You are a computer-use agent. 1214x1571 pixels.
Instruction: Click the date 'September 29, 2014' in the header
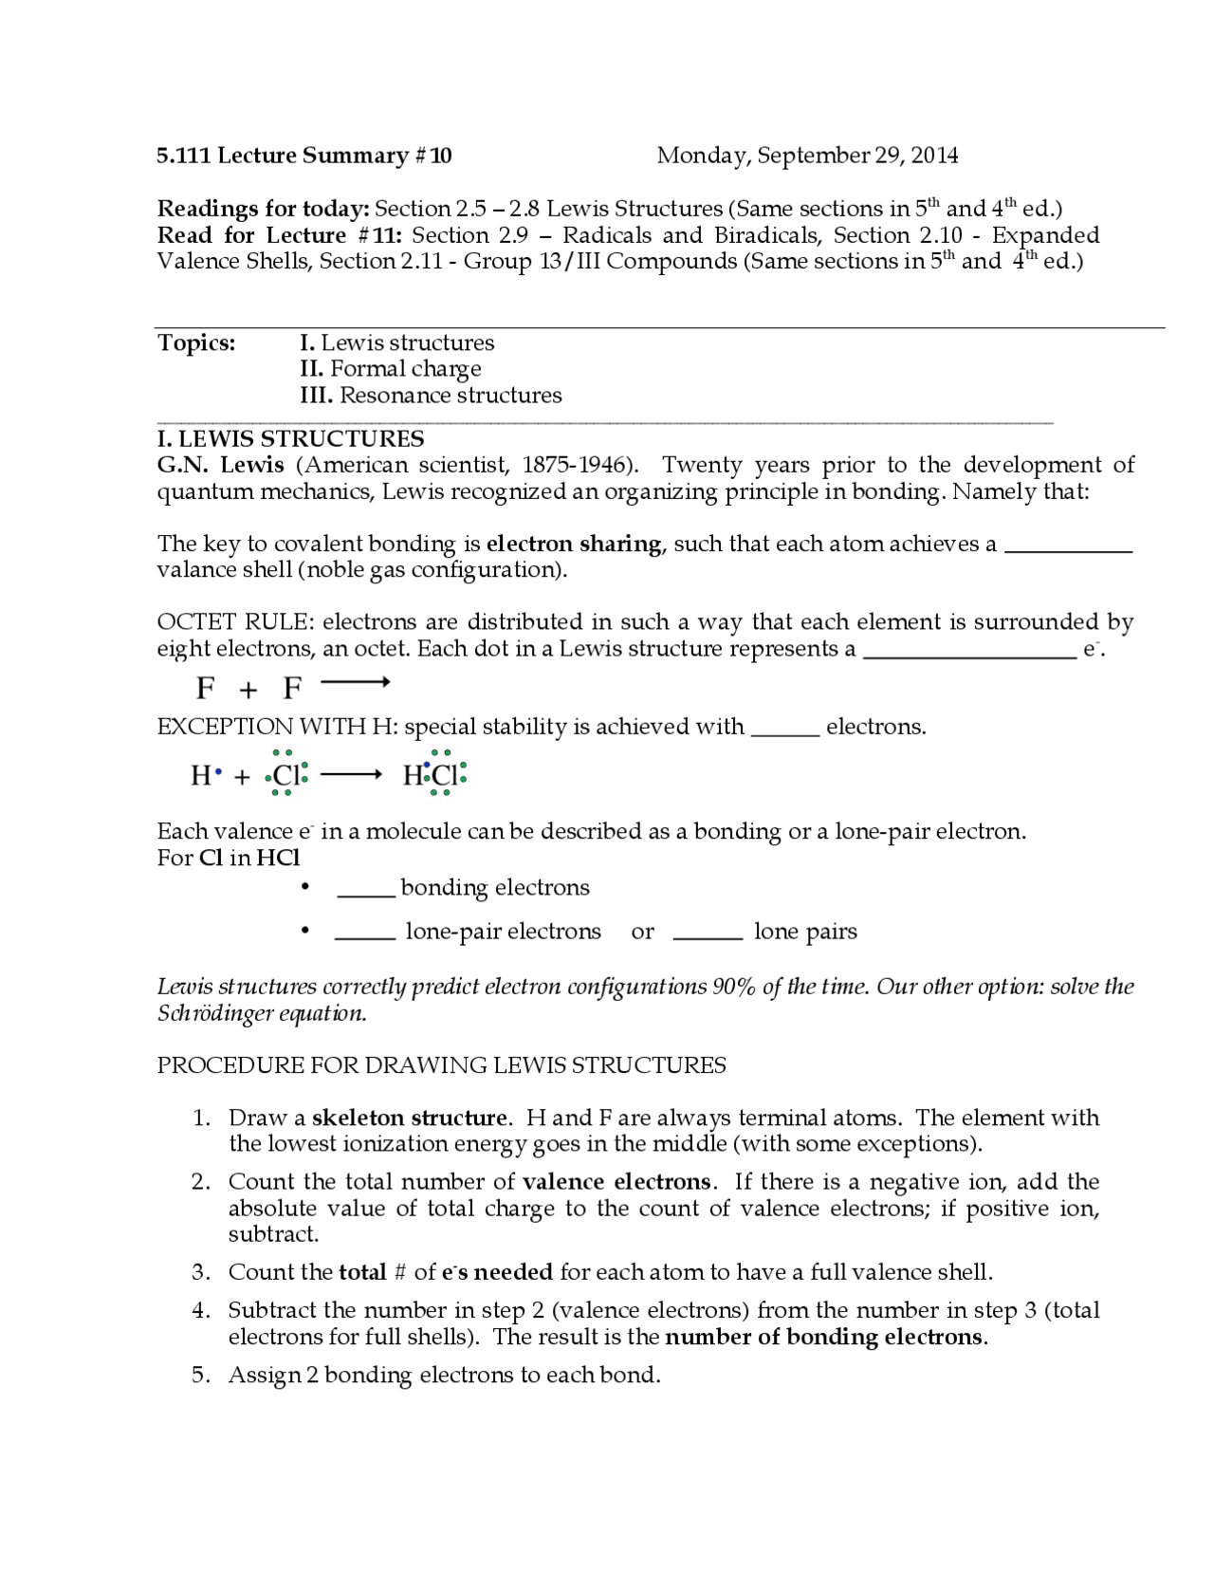[857, 156]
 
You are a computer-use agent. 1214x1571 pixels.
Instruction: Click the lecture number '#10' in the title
[433, 156]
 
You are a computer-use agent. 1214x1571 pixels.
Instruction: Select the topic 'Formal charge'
[405, 369]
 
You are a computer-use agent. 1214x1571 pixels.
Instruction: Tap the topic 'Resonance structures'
[451, 396]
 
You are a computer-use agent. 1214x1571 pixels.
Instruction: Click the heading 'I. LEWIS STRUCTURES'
[290, 438]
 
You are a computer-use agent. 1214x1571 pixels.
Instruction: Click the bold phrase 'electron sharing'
[574, 544]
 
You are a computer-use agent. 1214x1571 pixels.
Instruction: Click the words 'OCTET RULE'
[232, 622]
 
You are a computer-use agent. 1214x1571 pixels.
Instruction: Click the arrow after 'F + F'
[356, 682]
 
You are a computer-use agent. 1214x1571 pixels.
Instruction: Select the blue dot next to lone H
[218, 773]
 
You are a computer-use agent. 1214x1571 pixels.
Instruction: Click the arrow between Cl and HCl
[351, 776]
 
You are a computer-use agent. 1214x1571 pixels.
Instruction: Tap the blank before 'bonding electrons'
[366, 894]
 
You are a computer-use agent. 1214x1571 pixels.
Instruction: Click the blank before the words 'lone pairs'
[708, 937]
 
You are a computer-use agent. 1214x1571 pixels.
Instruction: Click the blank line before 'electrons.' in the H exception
[785, 733]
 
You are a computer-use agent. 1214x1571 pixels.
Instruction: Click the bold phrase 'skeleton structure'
[409, 1118]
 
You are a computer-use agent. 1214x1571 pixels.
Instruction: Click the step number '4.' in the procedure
[200, 1311]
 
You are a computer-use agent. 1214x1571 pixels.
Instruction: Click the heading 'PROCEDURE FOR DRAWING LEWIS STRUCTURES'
[441, 1065]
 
